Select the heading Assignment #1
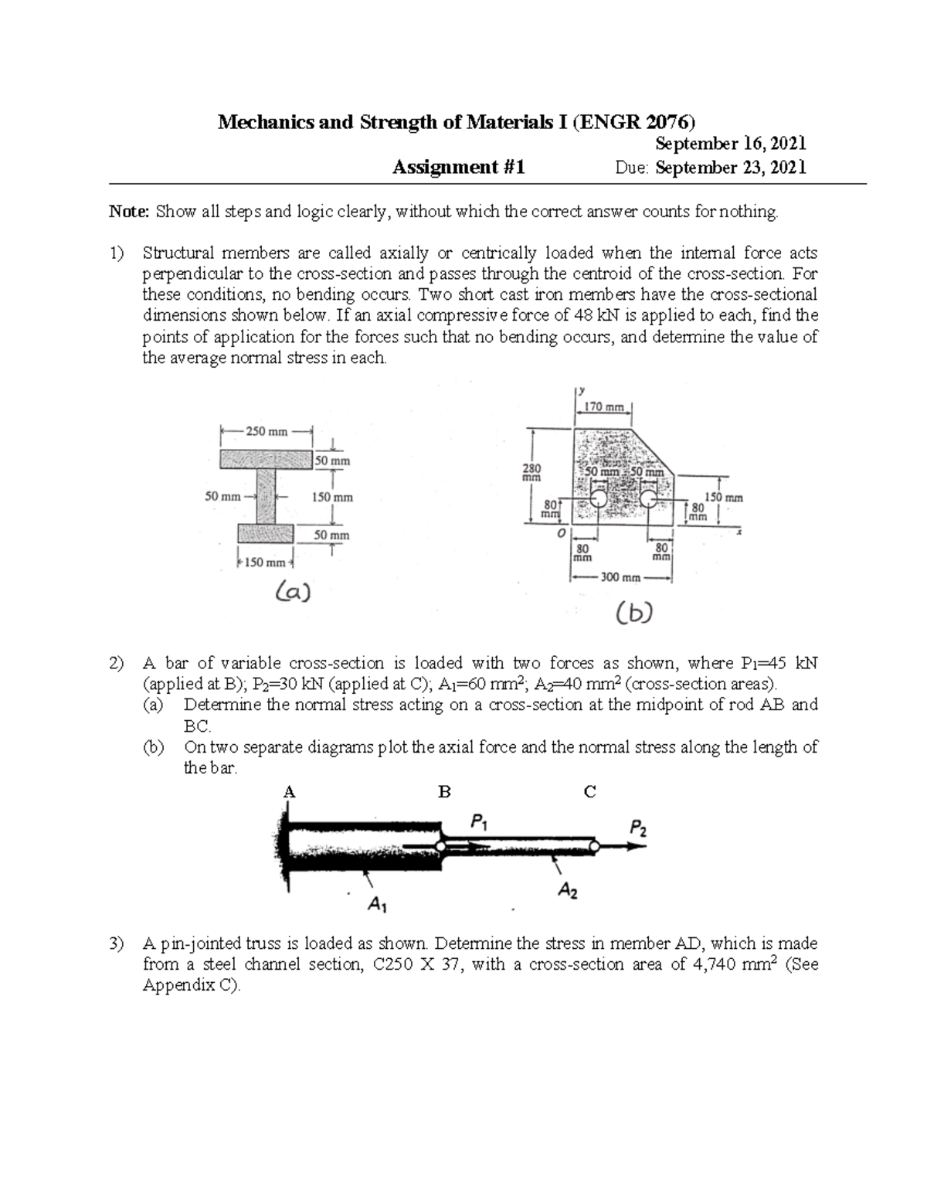(x=459, y=167)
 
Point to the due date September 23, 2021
(x=730, y=168)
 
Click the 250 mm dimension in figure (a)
(x=266, y=432)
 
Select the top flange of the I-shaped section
(x=266, y=460)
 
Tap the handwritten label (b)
(x=634, y=614)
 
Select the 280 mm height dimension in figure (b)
(x=532, y=472)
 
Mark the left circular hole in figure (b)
(x=597, y=498)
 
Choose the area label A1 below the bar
(x=378, y=903)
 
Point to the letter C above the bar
(x=590, y=792)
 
